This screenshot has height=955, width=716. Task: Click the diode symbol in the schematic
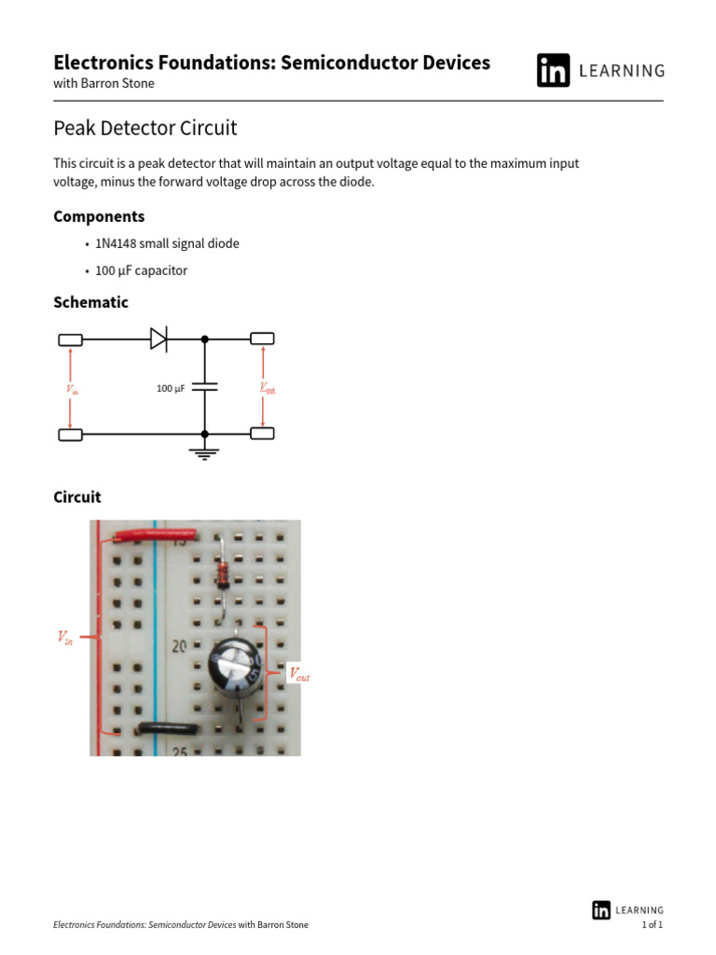coord(159,339)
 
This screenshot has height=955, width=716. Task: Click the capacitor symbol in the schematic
coord(205,386)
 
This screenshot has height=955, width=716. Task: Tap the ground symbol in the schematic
coord(205,452)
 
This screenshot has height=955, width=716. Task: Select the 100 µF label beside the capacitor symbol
coord(171,388)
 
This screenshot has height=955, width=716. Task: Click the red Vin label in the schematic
coord(72,390)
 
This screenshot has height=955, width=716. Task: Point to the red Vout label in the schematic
coord(267,388)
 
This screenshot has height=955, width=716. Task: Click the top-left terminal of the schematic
coord(70,339)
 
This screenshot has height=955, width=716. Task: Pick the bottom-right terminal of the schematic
coord(262,434)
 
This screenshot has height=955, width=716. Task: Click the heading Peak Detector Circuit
coord(145,128)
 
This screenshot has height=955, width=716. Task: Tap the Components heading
coord(99,216)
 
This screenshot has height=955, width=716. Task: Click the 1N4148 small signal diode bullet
coord(166,243)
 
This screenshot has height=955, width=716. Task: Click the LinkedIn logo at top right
coord(553,71)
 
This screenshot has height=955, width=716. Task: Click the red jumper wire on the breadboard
coord(154,535)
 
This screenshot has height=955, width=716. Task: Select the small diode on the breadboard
coord(223,574)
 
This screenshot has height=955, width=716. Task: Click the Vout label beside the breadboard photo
coord(299,674)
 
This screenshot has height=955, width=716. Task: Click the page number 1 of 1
coord(653,924)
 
